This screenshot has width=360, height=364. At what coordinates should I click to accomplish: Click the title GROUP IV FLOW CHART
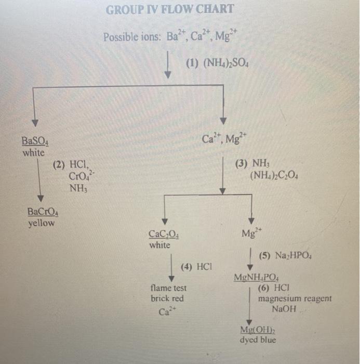170,9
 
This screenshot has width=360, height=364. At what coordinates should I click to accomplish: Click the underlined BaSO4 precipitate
35,141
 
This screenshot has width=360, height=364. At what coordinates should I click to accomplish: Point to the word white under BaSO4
33,153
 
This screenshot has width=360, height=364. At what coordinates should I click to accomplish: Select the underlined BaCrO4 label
43,212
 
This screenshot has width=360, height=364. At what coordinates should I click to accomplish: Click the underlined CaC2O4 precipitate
164,235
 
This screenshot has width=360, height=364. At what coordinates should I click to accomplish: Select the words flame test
168,288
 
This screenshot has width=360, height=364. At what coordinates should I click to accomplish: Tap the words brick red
167,298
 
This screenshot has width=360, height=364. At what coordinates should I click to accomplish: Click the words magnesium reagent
295,298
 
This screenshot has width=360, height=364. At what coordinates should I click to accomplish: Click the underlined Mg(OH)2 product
258,330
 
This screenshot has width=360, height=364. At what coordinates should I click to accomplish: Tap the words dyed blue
258,340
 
